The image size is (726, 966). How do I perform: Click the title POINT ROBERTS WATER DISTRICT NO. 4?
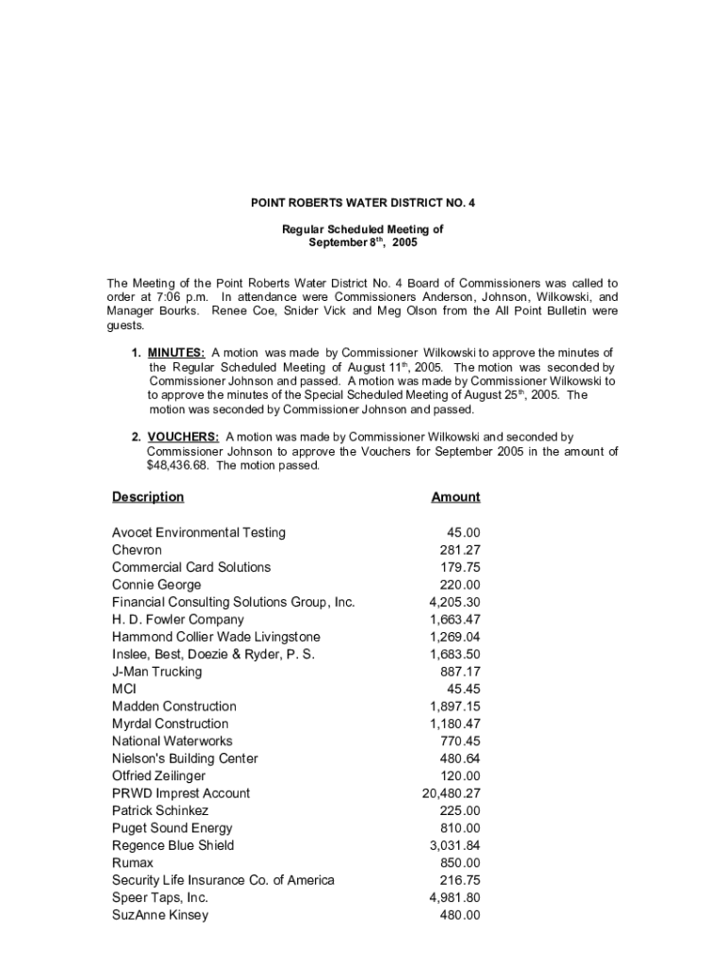[x=363, y=203]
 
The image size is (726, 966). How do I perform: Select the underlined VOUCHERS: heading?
[x=184, y=437]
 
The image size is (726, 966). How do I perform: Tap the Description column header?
[x=148, y=497]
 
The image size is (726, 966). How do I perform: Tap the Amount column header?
[x=455, y=497]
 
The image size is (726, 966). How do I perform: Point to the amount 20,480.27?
[x=452, y=793]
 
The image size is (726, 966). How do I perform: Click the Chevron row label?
[x=137, y=550]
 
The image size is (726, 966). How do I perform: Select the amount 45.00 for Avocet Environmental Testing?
[x=463, y=533]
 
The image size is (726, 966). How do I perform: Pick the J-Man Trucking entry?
[x=157, y=672]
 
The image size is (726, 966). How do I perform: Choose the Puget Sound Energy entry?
[x=172, y=828]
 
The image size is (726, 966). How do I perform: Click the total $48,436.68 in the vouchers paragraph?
[x=179, y=466]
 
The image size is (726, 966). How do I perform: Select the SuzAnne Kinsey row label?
[x=160, y=915]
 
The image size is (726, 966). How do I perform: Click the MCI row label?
[x=124, y=690]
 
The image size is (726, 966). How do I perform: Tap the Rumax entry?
[x=133, y=863]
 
